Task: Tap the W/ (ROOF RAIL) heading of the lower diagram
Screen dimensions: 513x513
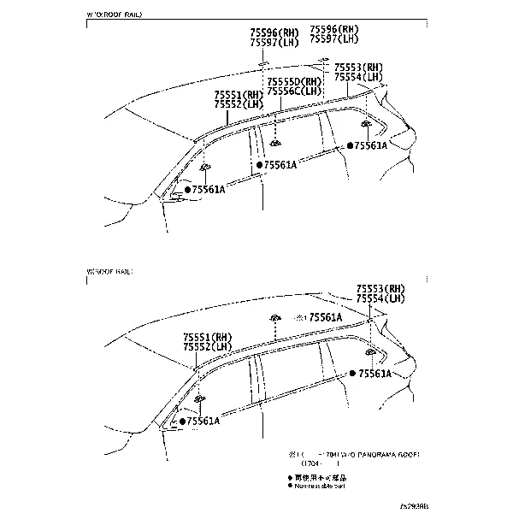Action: (x=110, y=271)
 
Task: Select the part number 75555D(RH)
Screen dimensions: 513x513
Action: (x=294, y=81)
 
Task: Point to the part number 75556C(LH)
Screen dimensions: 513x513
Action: (x=294, y=91)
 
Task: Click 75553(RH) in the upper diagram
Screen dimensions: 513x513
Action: (x=358, y=67)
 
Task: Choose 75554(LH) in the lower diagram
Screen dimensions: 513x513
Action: (x=380, y=298)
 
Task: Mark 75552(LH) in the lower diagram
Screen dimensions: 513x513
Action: (x=207, y=346)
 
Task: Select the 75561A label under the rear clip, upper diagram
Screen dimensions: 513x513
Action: (x=370, y=146)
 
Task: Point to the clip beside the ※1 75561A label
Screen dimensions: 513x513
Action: (x=276, y=318)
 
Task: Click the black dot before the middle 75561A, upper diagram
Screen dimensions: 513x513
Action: (x=258, y=164)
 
